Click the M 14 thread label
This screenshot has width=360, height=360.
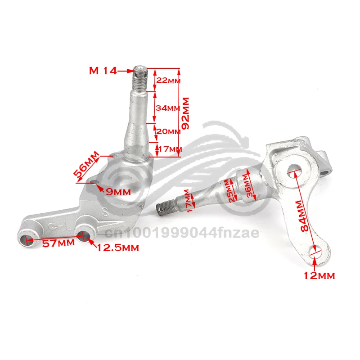click(x=103, y=71)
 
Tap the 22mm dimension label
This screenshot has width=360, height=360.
click(x=167, y=81)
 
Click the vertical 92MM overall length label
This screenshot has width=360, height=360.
click(x=184, y=113)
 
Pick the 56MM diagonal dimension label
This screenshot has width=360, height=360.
click(x=85, y=165)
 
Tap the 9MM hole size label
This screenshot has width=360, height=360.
click(x=117, y=192)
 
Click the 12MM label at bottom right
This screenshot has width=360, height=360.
click(x=319, y=276)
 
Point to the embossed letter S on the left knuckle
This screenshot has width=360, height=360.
click(x=105, y=210)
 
